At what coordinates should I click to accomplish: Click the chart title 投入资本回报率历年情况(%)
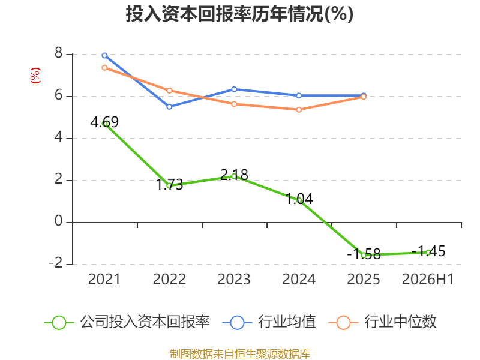click(x=239, y=14)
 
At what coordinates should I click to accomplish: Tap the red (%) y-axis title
click(x=35, y=76)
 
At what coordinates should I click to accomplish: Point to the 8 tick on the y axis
click(x=58, y=53)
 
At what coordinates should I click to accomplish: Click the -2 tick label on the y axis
click(x=56, y=263)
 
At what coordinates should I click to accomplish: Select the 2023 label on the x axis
click(x=234, y=279)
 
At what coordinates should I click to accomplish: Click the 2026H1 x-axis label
click(x=428, y=279)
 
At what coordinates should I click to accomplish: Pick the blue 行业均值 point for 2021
click(x=104, y=55)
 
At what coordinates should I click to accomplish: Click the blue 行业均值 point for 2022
click(x=169, y=107)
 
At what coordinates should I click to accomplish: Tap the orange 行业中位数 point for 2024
click(x=299, y=110)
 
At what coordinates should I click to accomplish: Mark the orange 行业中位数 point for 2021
click(x=104, y=68)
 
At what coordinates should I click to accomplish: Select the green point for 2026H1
click(x=428, y=253)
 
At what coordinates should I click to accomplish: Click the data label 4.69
click(x=104, y=122)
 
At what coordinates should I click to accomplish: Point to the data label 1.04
click(x=299, y=199)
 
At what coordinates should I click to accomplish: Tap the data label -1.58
click(x=364, y=254)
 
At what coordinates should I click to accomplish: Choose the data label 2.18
click(x=234, y=175)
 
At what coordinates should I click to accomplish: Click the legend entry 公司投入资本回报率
click(x=127, y=322)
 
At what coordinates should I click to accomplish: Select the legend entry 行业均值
click(x=269, y=322)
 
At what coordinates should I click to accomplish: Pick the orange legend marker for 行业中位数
click(x=343, y=323)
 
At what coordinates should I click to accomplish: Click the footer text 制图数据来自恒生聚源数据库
click(x=239, y=354)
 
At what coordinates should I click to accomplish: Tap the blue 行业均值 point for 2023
click(x=234, y=89)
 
